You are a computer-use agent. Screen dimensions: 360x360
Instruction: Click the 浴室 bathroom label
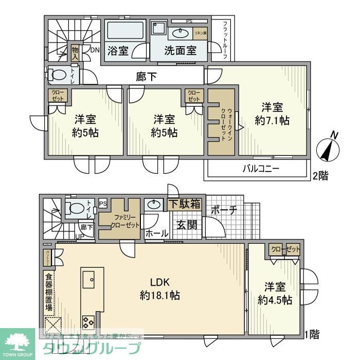click(118, 51)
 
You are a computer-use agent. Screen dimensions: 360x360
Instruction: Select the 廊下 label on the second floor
click(147, 77)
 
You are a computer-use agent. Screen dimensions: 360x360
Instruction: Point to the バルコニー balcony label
click(261, 168)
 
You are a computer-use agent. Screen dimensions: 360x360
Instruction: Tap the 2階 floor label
click(319, 175)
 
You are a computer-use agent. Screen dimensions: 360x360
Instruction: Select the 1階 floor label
click(311, 334)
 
